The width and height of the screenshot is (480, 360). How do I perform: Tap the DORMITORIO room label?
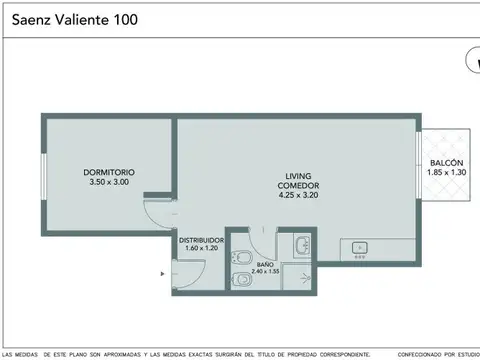109,173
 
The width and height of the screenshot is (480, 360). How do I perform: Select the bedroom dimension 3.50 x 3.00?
109,182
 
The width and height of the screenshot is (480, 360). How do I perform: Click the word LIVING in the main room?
298,174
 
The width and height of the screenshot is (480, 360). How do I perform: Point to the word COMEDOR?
298,184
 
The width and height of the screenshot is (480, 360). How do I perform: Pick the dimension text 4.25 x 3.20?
298,194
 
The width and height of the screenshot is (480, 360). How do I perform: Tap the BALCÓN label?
446,163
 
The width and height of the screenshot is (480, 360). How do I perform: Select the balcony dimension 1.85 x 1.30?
446,173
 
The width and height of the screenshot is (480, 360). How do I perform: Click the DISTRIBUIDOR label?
201,240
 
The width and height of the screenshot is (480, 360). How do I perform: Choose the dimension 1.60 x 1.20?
201,249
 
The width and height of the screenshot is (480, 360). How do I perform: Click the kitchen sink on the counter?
361,247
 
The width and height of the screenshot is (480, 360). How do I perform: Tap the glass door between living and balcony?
418,170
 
